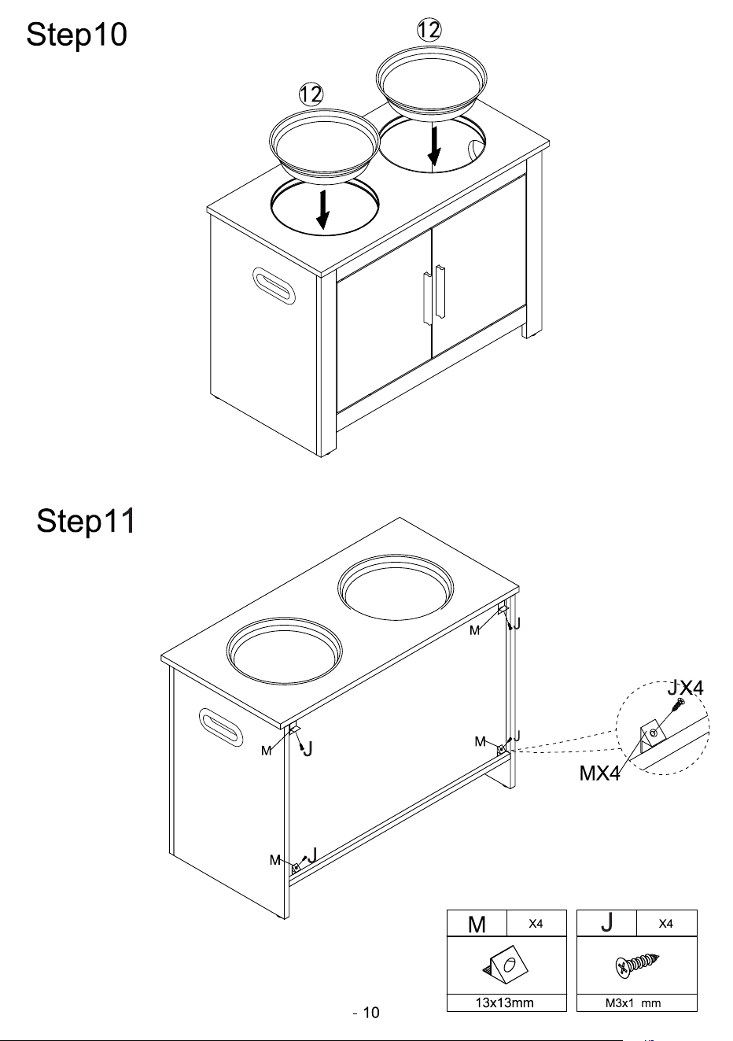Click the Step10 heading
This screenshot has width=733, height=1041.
[76, 35]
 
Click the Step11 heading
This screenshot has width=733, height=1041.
[86, 522]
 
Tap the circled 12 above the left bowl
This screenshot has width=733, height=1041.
[311, 94]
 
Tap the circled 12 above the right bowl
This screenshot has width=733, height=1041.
[429, 31]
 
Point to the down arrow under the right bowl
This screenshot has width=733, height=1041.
[434, 146]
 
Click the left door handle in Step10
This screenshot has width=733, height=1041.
[427, 298]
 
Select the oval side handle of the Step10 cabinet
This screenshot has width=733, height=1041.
[274, 286]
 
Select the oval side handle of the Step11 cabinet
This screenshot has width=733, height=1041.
[221, 727]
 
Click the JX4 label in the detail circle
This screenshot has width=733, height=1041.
[685, 688]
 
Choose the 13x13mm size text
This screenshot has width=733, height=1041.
[504, 1002]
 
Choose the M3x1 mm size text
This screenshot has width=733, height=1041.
[632, 1003]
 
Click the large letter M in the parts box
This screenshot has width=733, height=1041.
[477, 925]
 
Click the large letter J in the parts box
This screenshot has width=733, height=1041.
[606, 923]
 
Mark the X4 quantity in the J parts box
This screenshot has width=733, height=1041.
[665, 924]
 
